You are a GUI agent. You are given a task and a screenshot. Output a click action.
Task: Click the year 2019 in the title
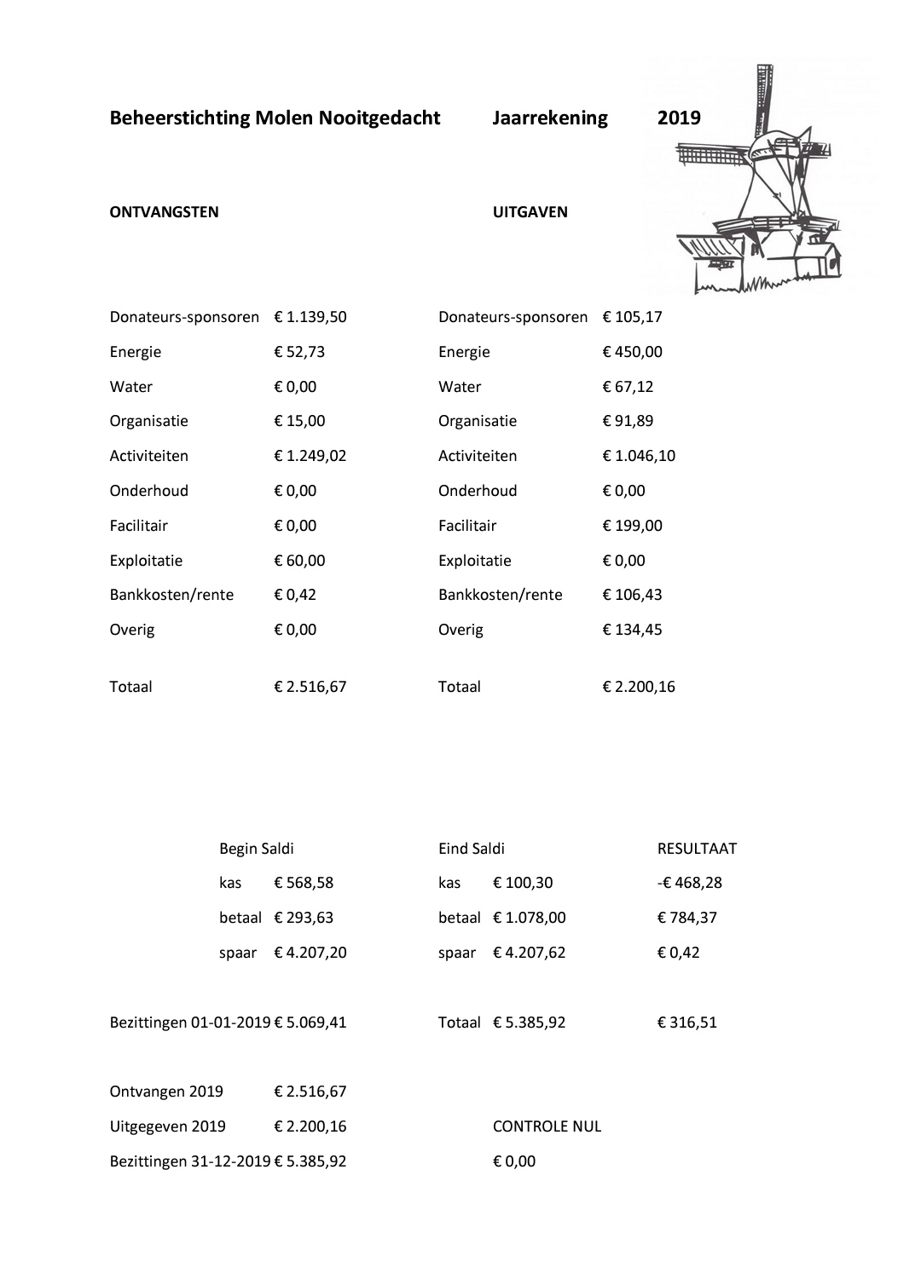pos(679,118)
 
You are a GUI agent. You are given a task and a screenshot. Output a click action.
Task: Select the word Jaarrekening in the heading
pos(549,118)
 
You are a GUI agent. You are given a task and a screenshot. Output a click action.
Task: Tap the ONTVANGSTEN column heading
pos(164,212)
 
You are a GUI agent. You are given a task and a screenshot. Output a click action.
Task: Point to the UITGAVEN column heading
pos(530,212)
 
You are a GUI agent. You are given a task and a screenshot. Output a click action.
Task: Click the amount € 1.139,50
pos(310,317)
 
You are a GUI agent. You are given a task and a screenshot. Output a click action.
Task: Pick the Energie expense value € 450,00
pos(632,352)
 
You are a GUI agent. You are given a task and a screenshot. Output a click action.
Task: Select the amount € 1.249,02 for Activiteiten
pos(310,456)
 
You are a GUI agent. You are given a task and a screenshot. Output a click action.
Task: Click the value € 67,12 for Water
pos(628,387)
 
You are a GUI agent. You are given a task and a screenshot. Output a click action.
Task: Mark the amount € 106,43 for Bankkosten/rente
pos(632,595)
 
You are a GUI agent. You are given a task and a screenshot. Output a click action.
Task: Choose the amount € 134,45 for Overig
pos(632,630)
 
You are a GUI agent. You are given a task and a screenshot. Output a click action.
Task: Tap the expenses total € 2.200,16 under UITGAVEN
pos(639,687)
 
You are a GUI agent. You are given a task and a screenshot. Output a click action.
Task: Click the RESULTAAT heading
pos(697,849)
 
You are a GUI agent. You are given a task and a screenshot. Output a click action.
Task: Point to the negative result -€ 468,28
pos(689,883)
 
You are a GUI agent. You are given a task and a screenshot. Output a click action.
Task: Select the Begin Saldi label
pos(256,849)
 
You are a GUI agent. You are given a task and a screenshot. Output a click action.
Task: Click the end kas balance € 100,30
pos(523,883)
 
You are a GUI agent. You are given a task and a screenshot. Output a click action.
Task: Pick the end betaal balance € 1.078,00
pos(529,918)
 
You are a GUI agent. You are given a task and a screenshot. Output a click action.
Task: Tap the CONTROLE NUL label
pos(547,1126)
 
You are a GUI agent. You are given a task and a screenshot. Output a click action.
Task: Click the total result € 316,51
pos(686,1023)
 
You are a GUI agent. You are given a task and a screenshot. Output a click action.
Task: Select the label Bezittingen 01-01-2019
pos(190,1023)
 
